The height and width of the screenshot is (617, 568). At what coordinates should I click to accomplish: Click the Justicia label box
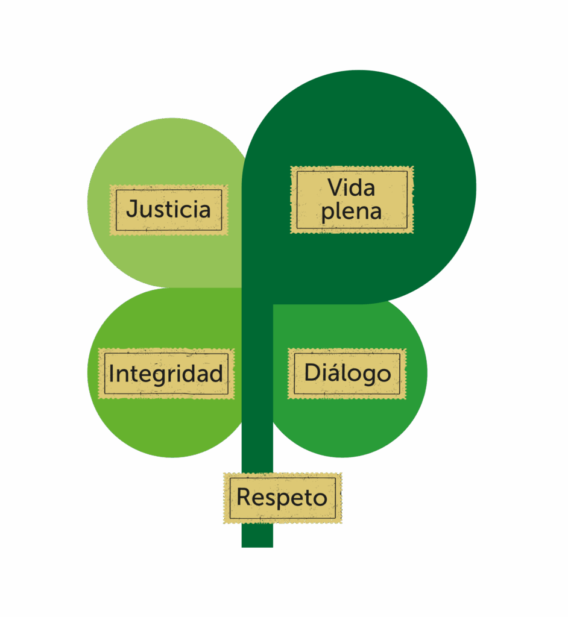pos(168,210)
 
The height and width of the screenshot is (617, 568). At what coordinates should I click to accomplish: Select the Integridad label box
pos(166,374)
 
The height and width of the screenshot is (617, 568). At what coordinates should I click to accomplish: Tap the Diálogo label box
pos(347,374)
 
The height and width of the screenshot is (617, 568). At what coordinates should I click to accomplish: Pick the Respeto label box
pos(282,498)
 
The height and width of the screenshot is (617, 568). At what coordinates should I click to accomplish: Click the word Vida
pos(352,187)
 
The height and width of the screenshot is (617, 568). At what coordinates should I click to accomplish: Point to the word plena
pos(352,212)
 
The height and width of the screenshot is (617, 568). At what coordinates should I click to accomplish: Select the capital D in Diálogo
pos(312,373)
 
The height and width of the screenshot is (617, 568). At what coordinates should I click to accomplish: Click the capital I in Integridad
pos(112,374)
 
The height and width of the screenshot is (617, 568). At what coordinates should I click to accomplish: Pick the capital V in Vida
pos(335,187)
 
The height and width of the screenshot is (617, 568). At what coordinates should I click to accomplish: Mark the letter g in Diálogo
pos(367,376)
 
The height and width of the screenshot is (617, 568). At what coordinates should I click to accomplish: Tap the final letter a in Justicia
pos(204,210)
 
